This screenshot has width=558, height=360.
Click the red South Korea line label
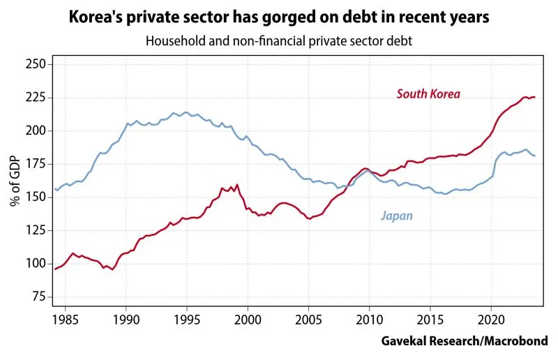click(428, 93)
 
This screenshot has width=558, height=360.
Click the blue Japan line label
click(396, 216)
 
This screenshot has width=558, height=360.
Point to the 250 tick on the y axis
click(36, 64)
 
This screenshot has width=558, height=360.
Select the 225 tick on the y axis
click(36, 98)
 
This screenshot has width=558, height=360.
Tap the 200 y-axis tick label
click(36, 130)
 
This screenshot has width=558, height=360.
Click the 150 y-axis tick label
click(36, 197)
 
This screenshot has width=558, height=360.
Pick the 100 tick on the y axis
click(36, 264)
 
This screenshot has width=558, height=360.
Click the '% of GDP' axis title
click(15, 181)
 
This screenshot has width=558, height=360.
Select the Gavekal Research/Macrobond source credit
click(465, 341)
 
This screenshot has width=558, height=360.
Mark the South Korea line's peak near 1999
click(237, 185)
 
